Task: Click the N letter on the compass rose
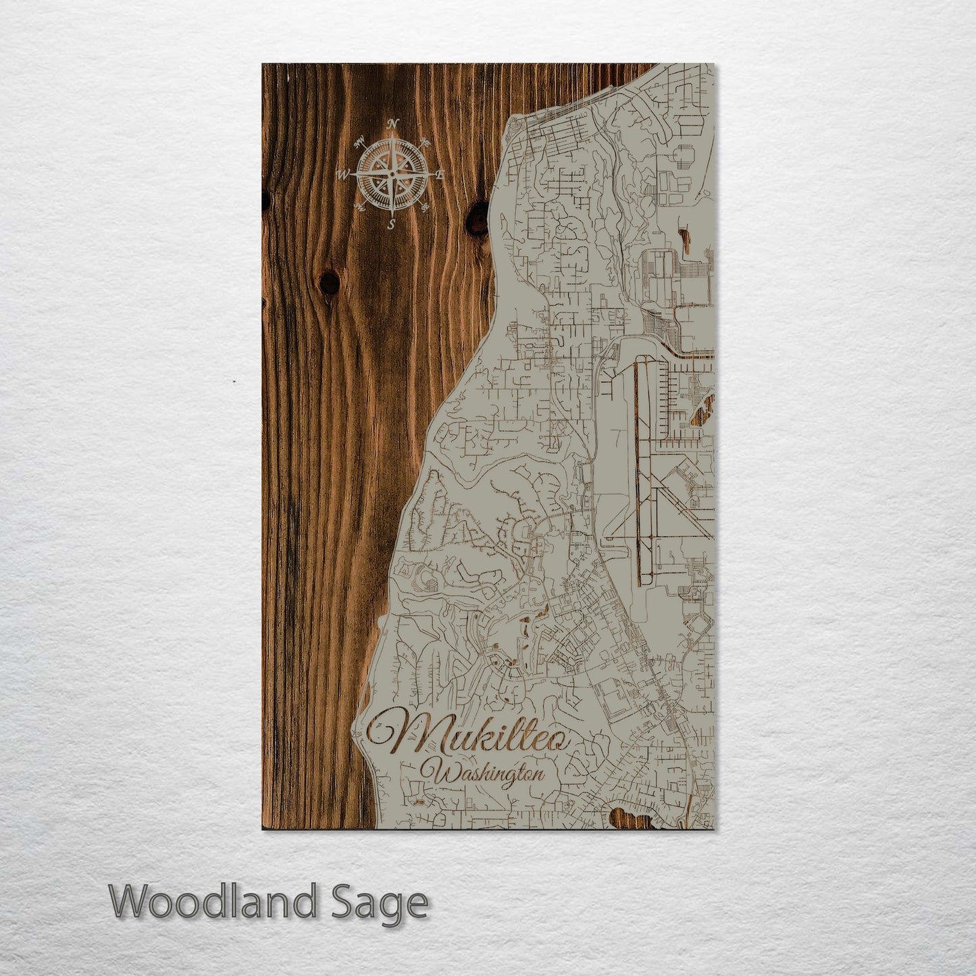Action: click(x=393, y=123)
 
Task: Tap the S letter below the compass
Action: click(x=391, y=226)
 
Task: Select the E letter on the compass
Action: click(x=440, y=175)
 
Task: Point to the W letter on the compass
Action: click(x=343, y=176)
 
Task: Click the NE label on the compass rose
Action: click(x=425, y=142)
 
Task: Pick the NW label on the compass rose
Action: click(x=359, y=142)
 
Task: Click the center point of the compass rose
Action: click(x=392, y=174)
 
